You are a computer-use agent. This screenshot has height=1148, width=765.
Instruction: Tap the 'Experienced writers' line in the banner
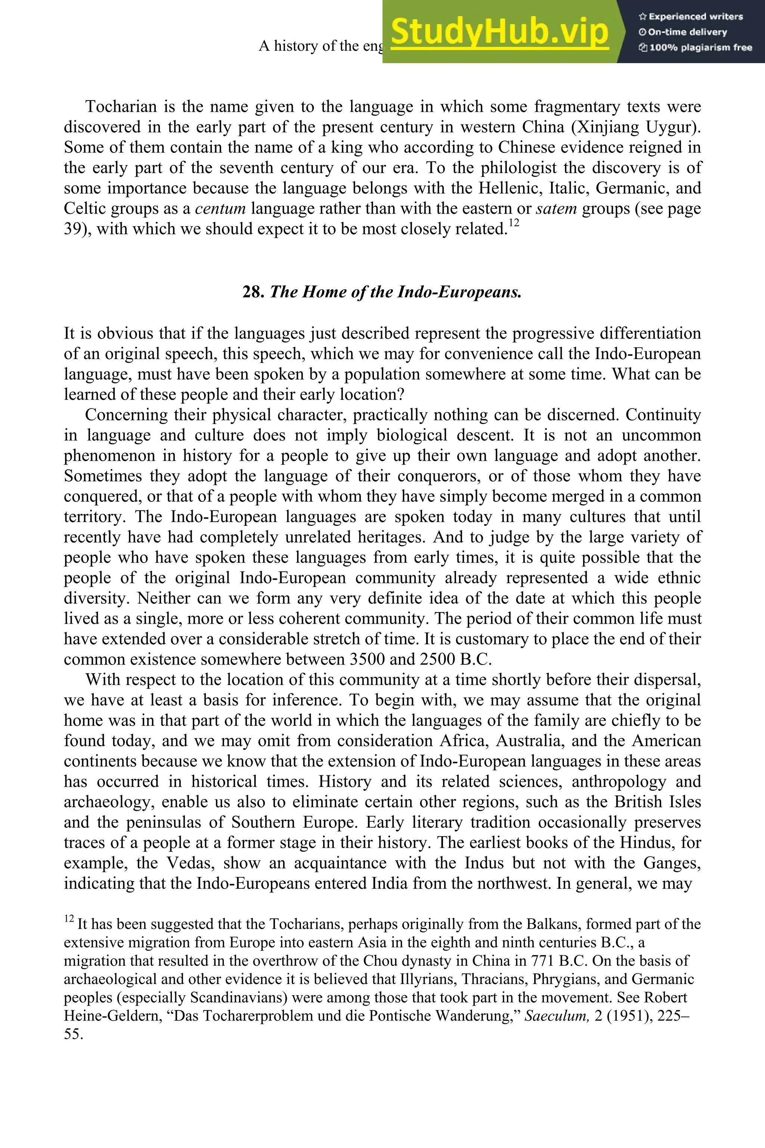(x=690, y=16)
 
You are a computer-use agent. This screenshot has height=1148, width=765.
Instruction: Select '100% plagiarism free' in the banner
(x=695, y=47)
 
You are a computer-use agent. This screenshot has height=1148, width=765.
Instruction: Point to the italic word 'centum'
(x=220, y=209)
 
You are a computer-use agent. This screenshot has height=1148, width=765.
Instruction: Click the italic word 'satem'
(x=556, y=209)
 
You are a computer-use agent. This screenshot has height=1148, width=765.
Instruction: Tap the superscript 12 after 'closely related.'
(x=513, y=223)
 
